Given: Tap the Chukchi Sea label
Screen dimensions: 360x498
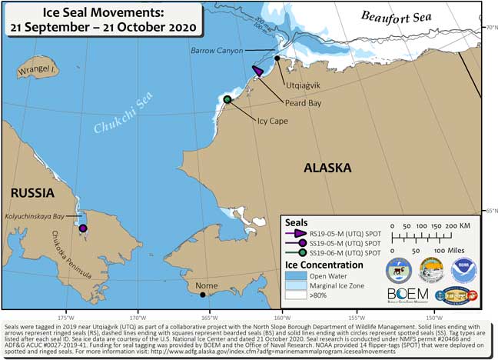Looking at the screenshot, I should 116,121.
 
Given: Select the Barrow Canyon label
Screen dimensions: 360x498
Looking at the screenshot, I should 217,51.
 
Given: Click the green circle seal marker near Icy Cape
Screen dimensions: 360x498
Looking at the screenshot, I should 227,99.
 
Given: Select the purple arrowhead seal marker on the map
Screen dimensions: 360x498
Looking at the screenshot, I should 259,71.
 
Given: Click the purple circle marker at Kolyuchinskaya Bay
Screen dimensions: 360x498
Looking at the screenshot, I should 83,228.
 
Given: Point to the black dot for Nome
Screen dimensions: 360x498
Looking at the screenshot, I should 202,294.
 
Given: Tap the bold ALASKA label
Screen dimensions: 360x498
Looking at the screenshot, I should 327,168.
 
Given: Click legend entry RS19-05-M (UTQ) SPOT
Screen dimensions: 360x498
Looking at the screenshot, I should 345,232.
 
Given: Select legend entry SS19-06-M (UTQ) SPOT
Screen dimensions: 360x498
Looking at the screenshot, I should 345,252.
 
